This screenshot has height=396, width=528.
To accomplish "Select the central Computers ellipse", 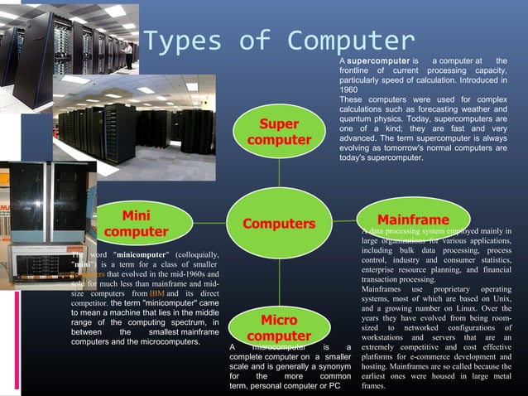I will (279, 224).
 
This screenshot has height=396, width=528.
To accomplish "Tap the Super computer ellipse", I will (279, 133).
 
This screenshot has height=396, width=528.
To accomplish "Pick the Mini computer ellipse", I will (136, 224).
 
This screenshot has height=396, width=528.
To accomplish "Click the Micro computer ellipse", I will (279, 328).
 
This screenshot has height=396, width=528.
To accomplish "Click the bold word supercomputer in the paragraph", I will (378, 62).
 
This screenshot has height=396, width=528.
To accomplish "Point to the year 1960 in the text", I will (348, 89).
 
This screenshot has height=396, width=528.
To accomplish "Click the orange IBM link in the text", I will (157, 295).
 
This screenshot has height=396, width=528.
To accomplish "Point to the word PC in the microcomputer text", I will (334, 385).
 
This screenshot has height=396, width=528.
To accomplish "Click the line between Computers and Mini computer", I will (199, 224).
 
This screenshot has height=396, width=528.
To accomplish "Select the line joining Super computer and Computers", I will (279, 174).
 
